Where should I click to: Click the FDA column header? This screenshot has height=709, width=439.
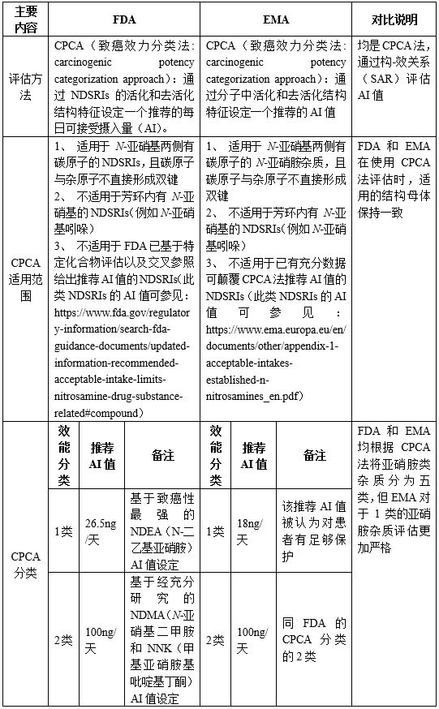click(124, 17)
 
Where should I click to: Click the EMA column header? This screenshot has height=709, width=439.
click(277, 17)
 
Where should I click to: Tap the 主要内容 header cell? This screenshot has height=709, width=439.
click(25, 17)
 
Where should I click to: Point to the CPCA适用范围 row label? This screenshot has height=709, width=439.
click(25, 278)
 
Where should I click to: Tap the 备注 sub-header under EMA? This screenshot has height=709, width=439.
click(315, 456)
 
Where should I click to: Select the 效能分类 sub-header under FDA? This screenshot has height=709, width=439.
click(64, 456)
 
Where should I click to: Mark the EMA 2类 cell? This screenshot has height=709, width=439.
click(215, 639)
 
